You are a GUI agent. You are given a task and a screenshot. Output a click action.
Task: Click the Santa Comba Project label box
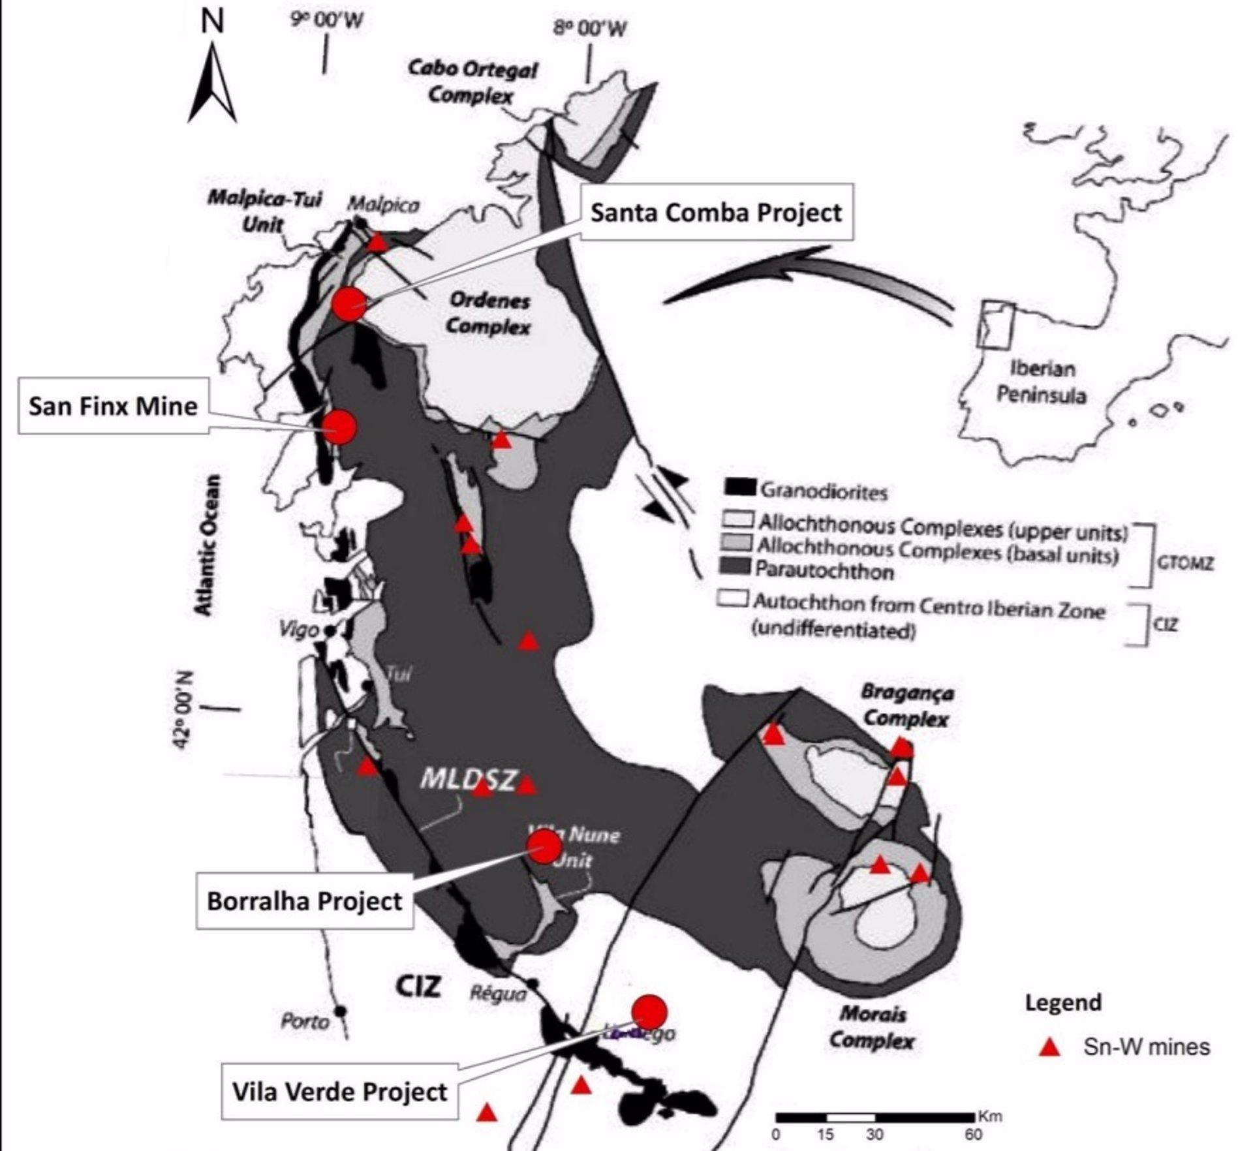tap(716, 212)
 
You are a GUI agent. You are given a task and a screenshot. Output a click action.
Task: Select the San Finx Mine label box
tap(113, 406)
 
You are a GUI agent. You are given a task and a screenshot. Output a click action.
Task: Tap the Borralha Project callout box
tap(304, 901)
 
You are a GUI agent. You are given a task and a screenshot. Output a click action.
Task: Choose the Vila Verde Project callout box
tap(339, 1092)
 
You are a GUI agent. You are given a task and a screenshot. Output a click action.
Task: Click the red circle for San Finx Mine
tap(339, 427)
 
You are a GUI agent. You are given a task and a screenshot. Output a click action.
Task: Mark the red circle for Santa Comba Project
tap(349, 303)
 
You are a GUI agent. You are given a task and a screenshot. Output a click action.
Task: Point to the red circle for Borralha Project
tap(544, 847)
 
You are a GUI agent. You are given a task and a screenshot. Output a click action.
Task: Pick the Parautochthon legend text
tap(824, 572)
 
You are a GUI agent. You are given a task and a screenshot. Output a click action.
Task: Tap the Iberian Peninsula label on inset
tap(1042, 382)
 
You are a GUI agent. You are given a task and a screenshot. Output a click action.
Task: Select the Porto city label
tap(305, 1021)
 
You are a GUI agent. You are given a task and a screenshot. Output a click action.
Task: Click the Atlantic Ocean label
tap(207, 545)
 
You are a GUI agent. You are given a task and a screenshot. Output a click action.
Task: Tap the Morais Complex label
tap(873, 1026)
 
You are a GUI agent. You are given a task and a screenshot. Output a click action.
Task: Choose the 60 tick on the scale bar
tap(973, 1135)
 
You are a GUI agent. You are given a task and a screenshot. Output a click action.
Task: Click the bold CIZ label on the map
tap(418, 986)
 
